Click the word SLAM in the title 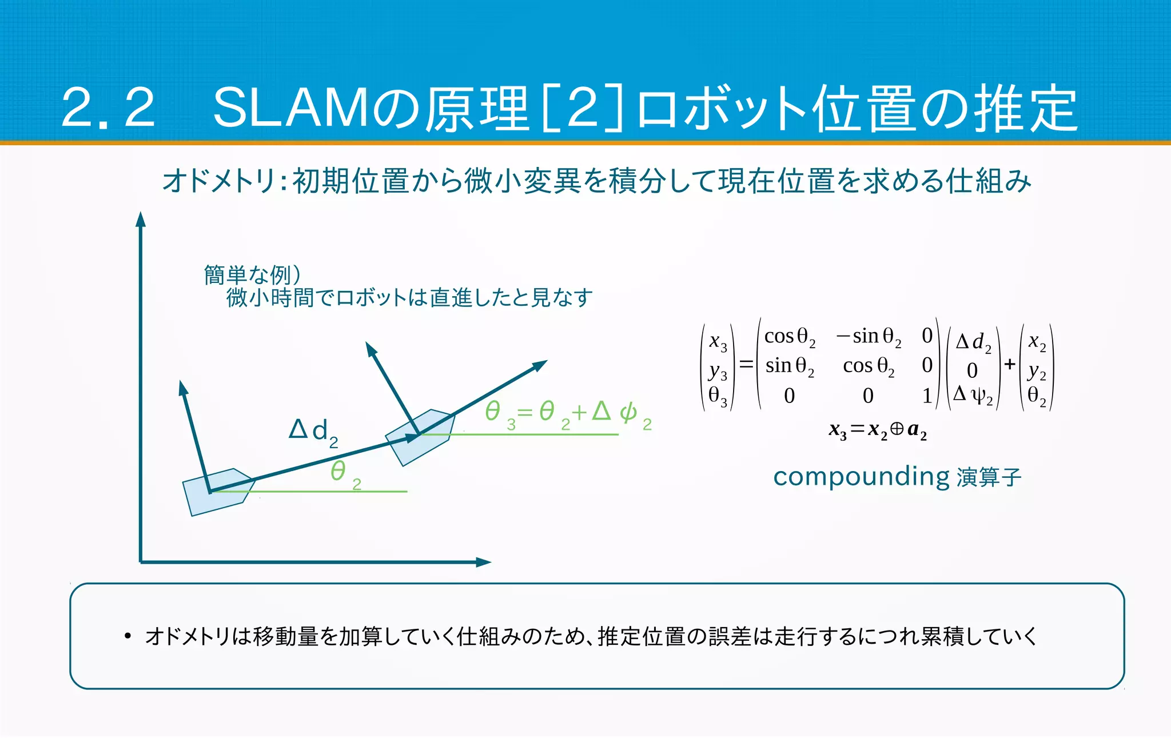pyautogui.click(x=292, y=108)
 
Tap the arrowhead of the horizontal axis pyautogui.click(x=484, y=562)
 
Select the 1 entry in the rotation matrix pyautogui.click(x=927, y=396)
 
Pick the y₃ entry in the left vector pyautogui.click(x=718, y=372)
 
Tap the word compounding pyautogui.click(x=861, y=476)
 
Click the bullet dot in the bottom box pyautogui.click(x=128, y=636)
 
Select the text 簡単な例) pyautogui.click(x=252, y=275)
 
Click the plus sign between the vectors pyautogui.click(x=1010, y=364)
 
